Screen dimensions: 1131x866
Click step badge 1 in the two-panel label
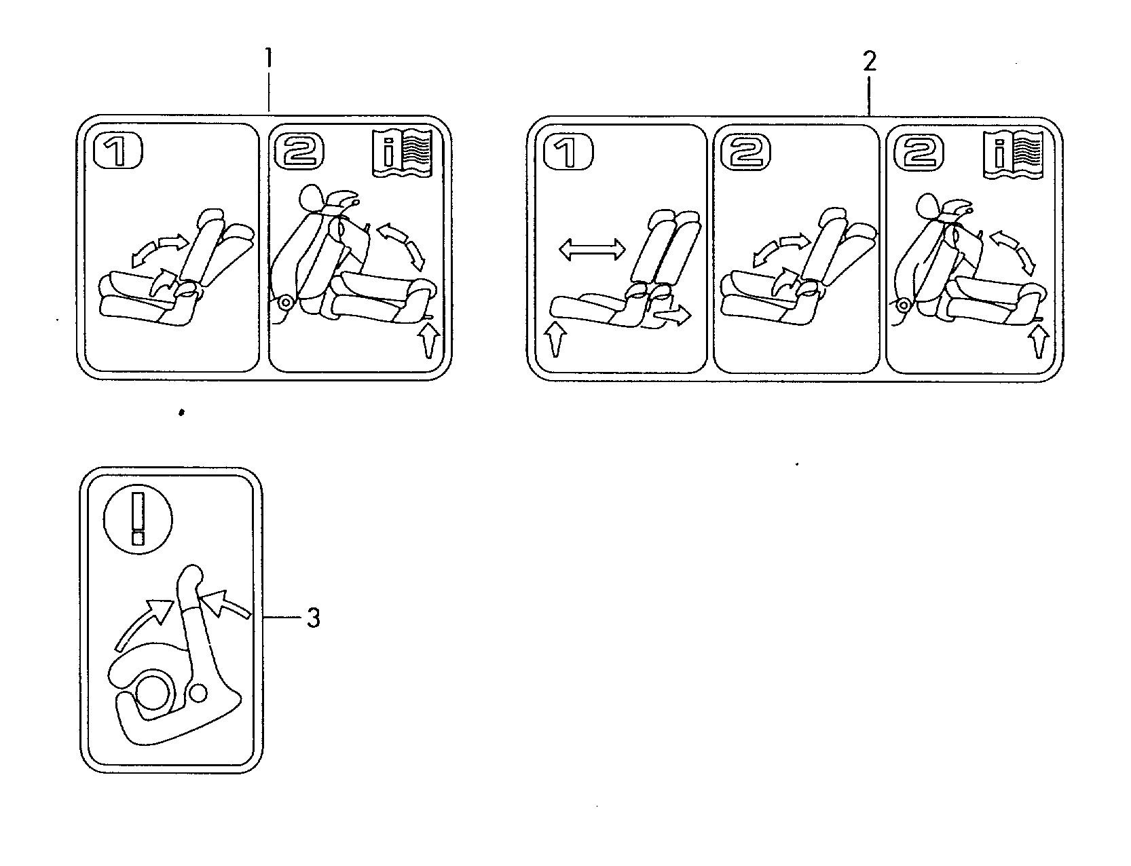(118, 151)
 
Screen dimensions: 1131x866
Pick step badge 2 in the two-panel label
(298, 151)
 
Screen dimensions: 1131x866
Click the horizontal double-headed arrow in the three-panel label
(591, 250)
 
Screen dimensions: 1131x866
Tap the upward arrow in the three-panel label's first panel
(555, 340)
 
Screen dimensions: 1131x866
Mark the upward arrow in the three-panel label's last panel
(1037, 341)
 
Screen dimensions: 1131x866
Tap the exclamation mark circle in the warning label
(138, 516)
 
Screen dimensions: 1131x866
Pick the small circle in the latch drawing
(198, 692)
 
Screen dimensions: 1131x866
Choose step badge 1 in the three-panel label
(569, 153)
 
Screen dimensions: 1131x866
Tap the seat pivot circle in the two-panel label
(285, 302)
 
